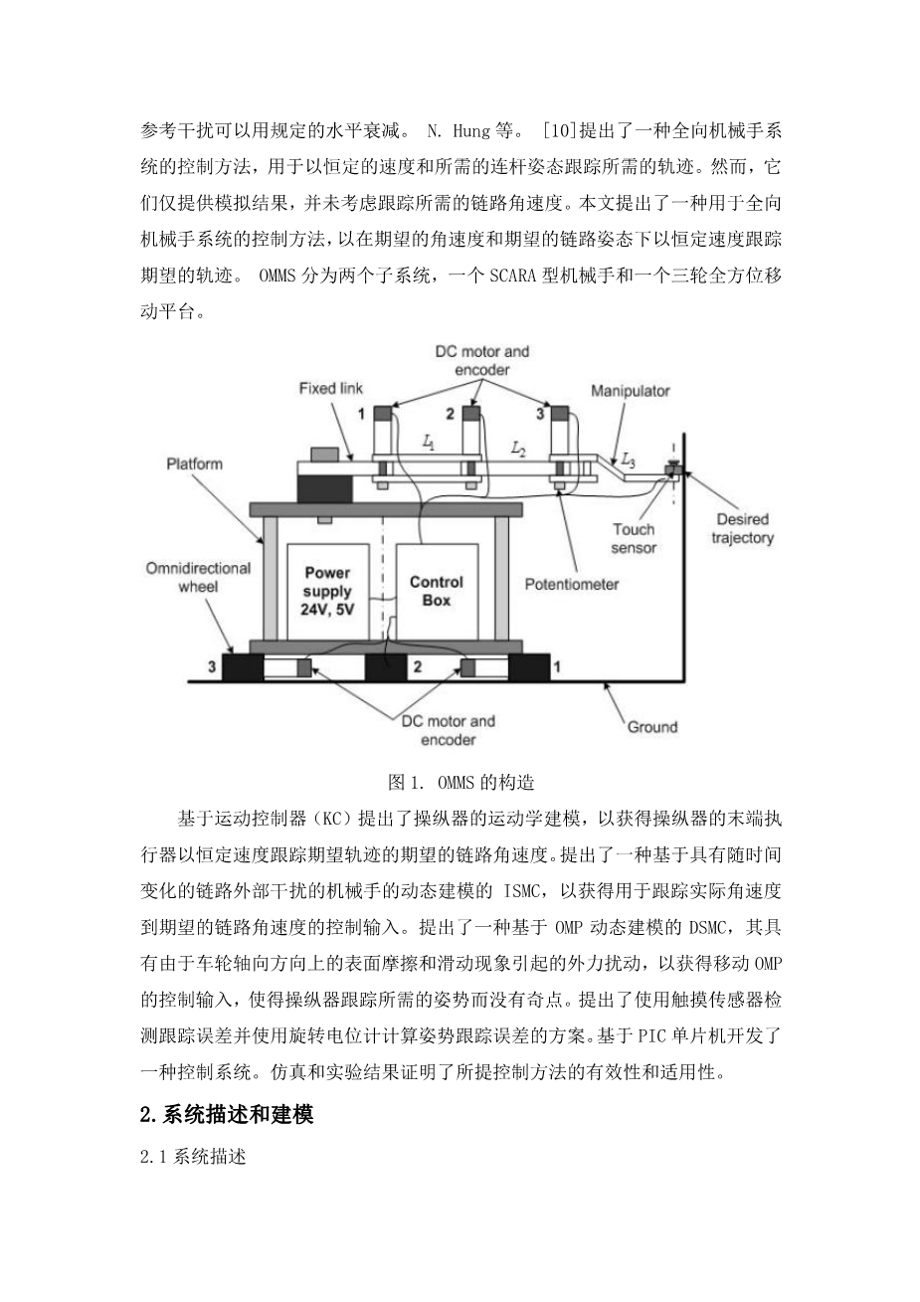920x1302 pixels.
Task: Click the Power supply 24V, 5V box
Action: click(x=328, y=592)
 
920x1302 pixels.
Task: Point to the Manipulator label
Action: click(x=631, y=391)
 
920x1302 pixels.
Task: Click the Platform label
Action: click(x=195, y=464)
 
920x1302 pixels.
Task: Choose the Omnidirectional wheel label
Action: click(x=198, y=577)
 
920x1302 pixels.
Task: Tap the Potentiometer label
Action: click(x=572, y=584)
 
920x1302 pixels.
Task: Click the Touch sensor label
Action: click(x=634, y=538)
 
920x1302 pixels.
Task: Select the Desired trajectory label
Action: click(x=743, y=528)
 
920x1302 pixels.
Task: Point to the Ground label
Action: click(x=651, y=727)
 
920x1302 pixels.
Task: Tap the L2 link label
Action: click(x=518, y=450)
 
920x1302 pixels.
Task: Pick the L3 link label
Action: click(x=628, y=460)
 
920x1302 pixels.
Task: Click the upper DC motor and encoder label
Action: click(x=482, y=360)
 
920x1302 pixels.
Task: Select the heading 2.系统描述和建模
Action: click(x=227, y=1116)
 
